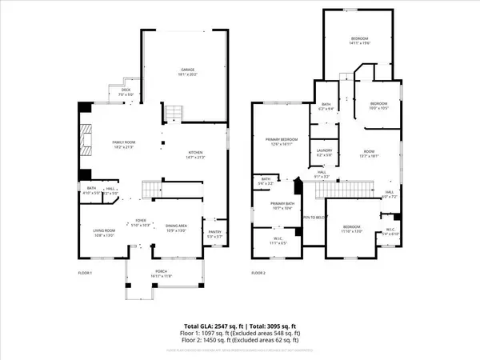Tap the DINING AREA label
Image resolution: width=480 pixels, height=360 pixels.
[x=177, y=226]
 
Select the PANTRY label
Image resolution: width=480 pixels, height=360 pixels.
[x=214, y=233]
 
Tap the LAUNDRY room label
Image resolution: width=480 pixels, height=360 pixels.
[x=325, y=150]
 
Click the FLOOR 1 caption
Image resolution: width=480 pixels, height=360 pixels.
[x=85, y=273]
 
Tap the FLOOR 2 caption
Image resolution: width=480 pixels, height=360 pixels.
[x=258, y=273]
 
